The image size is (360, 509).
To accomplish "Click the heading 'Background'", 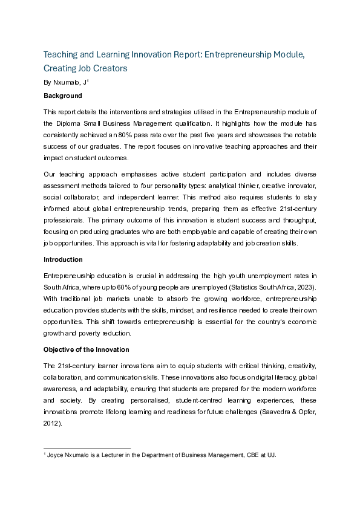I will coord(62,96).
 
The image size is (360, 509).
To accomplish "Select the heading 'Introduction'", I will coord(63,259).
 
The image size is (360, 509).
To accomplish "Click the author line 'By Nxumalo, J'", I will coord(66,82).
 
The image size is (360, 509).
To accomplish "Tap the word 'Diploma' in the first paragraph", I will coord(68,123).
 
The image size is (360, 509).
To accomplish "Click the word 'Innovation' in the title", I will coord(163,54).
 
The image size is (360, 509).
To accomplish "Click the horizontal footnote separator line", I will coord(87,448).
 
